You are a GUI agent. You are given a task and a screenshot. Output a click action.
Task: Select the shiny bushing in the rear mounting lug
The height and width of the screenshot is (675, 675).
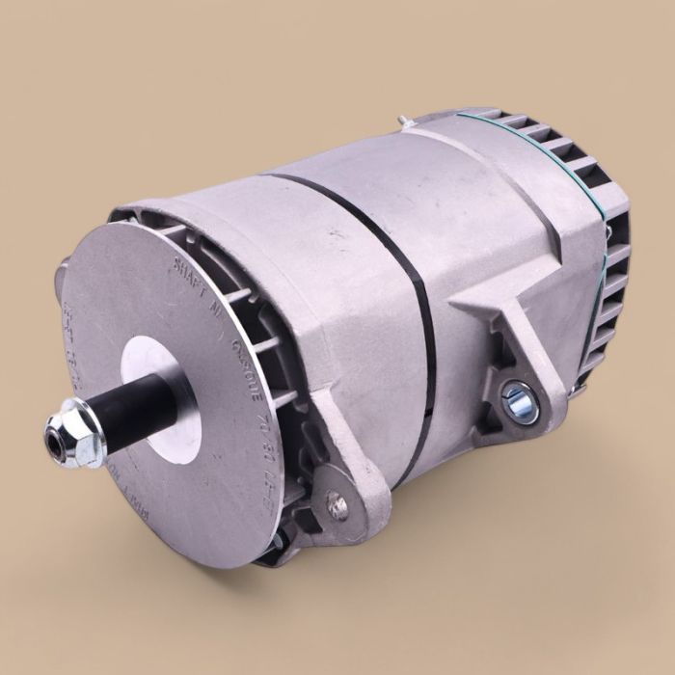[519, 399]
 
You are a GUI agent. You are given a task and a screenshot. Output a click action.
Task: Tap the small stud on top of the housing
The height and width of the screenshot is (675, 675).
[406, 122]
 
